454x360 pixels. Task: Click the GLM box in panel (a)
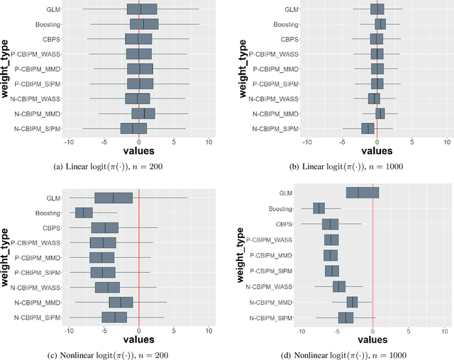coord(142,9)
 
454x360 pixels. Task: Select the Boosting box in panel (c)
coord(84,213)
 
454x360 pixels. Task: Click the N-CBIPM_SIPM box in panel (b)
coord(367,128)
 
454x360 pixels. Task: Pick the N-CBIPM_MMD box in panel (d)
coord(351,303)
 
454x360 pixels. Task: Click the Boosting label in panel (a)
coord(48,24)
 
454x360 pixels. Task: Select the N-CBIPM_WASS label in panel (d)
coord(269,286)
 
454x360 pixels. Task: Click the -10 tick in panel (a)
coord(69,142)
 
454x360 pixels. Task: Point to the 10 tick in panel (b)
coord(447,142)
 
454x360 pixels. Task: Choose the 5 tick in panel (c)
coord(174,330)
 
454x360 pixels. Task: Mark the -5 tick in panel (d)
coord(337,331)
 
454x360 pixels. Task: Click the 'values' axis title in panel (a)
coord(138,151)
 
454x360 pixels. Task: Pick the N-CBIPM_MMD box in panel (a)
coord(143,113)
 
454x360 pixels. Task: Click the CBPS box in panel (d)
coord(330,224)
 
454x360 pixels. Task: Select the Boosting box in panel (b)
coord(380,24)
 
